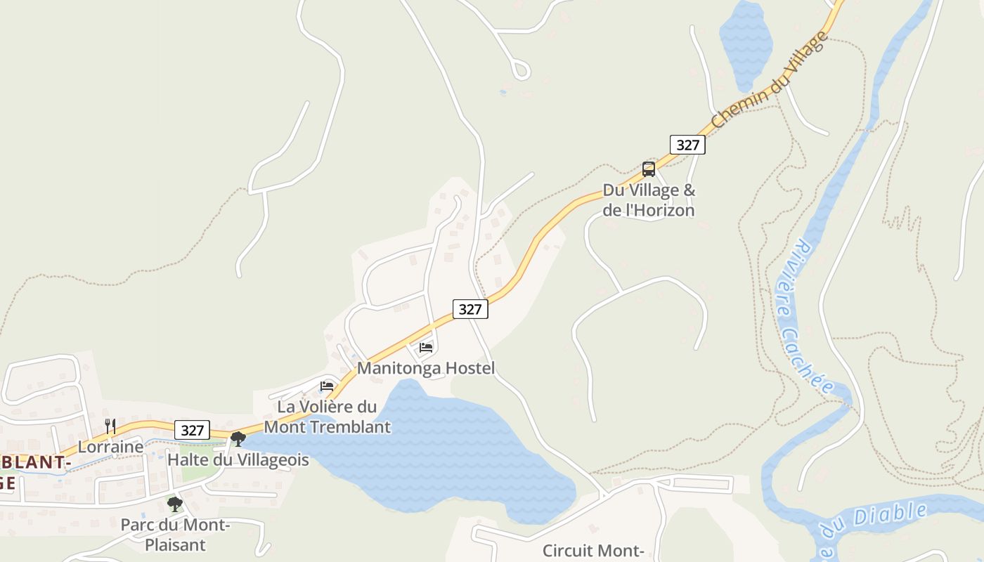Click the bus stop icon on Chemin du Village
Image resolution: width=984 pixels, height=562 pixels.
[x=648, y=169]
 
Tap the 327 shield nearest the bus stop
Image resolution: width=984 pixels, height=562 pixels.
[x=687, y=145]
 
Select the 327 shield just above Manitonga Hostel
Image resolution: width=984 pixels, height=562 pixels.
[x=470, y=308]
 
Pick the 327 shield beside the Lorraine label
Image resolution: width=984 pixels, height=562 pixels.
[x=192, y=430]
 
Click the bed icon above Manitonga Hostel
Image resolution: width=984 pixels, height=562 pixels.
[x=426, y=347]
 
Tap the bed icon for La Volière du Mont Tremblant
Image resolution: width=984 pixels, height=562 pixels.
[x=326, y=386]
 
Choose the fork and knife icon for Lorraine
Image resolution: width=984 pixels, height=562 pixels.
[x=110, y=426]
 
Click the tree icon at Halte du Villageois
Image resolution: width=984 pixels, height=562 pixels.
[x=238, y=439]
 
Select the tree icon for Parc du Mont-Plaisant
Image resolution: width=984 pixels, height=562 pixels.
[x=174, y=504]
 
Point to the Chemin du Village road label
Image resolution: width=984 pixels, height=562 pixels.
[x=770, y=81]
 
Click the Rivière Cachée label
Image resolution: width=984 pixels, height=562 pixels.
[x=804, y=316]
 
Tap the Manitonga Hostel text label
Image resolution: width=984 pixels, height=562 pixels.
[x=426, y=368]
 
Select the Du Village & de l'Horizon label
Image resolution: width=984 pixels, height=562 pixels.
[x=649, y=200]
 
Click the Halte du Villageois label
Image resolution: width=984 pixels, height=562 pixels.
[x=238, y=460]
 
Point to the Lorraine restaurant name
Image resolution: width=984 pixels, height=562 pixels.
[x=110, y=447]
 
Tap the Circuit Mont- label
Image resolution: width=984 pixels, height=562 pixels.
[x=593, y=550]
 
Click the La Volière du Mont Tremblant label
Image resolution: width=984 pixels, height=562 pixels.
[x=327, y=417]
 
